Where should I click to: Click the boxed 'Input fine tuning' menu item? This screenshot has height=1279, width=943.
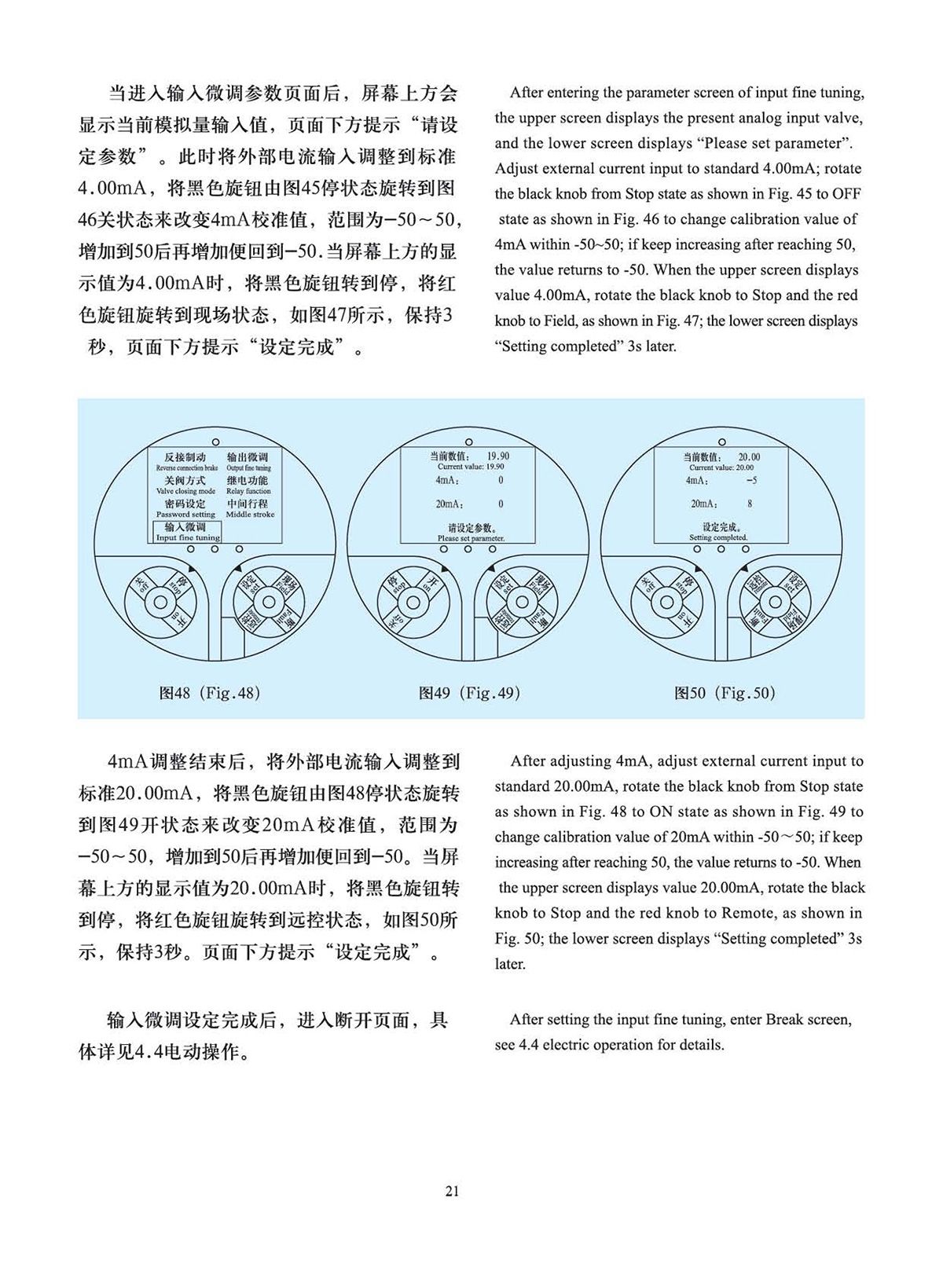coord(187,533)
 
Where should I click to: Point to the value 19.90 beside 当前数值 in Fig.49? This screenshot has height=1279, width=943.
coord(497,456)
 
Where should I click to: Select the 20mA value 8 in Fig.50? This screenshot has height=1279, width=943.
coord(750,504)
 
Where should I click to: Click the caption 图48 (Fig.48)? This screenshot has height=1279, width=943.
coord(210,693)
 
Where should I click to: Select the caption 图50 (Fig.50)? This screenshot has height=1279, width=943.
coord(725,693)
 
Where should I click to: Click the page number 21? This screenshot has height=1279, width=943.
coord(452,1191)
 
